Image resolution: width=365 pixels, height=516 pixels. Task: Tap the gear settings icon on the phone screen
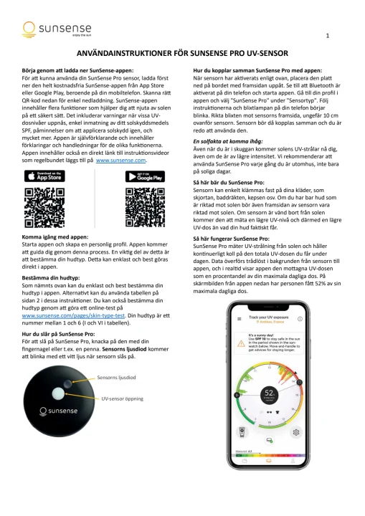point(295,432)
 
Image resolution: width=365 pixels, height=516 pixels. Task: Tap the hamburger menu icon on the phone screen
point(239,317)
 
